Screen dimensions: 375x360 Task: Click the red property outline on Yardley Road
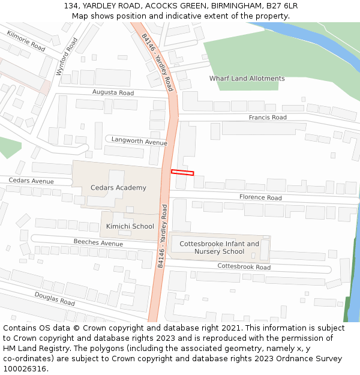coord(182,173)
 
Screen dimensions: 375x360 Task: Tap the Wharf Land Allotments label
coord(247,79)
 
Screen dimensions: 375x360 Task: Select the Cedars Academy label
coord(118,188)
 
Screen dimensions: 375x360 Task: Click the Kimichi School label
coord(130,226)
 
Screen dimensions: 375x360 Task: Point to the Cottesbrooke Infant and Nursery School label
coord(219,247)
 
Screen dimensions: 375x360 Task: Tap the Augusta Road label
coord(113,93)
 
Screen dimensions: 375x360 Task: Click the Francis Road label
coord(268,118)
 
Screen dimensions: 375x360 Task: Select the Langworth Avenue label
coord(139,142)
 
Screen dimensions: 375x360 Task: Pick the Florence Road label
coord(260,197)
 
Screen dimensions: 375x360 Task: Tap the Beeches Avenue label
coord(98,243)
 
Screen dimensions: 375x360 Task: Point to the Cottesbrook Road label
coord(244,267)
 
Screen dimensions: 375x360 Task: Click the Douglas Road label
coord(55,298)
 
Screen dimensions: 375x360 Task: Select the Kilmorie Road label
coord(26,40)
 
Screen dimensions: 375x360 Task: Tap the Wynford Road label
coord(67,56)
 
